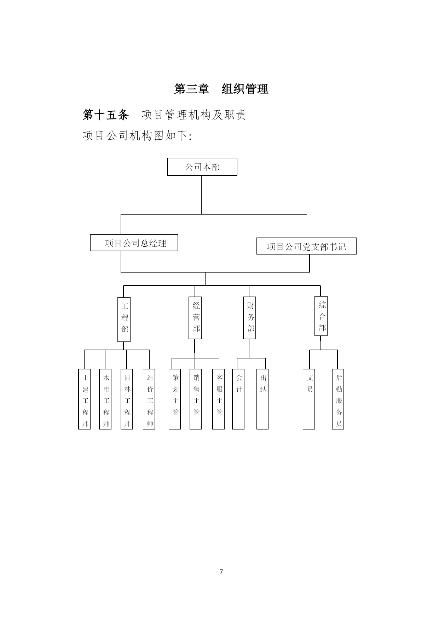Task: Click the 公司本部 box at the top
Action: pyautogui.click(x=202, y=167)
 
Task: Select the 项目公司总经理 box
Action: pyautogui.click(x=134, y=243)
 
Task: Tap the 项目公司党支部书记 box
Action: pyautogui.click(x=306, y=246)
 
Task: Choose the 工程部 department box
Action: pyautogui.click(x=124, y=320)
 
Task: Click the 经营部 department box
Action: pyautogui.click(x=195, y=318)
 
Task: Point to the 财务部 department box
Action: pyautogui.click(x=250, y=318)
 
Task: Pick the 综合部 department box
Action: pyautogui.click(x=321, y=316)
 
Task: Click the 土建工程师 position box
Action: pyautogui.click(x=84, y=399)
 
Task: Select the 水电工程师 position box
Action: pyautogui.click(x=105, y=399)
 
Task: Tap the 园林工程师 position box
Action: pyautogui.click(x=127, y=399)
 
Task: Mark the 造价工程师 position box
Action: pyautogui.click(x=149, y=399)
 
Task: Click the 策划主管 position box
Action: pyautogui.click(x=175, y=399)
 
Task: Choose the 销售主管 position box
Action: pyautogui.click(x=196, y=399)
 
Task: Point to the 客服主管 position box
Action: pyautogui.click(x=218, y=399)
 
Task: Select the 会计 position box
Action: pyautogui.click(x=238, y=399)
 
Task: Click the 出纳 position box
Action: pyautogui.click(x=262, y=399)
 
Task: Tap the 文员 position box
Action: pyautogui.click(x=309, y=399)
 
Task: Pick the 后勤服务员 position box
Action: pyautogui.click(x=338, y=399)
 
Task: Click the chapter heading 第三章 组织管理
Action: pyautogui.click(x=221, y=89)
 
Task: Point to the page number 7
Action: pyautogui.click(x=221, y=572)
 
